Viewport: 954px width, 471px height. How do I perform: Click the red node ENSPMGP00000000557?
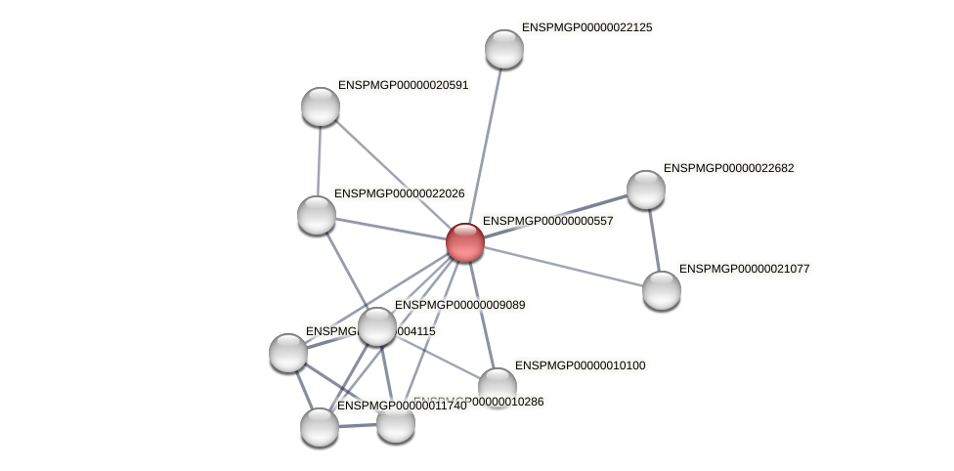(464, 242)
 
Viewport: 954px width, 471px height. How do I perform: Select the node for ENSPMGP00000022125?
(504, 49)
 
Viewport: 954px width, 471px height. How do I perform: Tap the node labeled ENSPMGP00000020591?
(320, 107)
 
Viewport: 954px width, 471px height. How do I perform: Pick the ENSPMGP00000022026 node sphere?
(316, 215)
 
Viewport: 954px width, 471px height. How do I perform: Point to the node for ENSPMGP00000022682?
(645, 190)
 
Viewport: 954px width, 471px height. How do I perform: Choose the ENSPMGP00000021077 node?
(662, 290)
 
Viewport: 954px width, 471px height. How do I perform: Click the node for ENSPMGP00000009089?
(376, 326)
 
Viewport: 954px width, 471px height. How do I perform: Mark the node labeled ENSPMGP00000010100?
(497, 386)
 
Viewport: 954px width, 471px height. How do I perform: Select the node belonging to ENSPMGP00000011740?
(319, 427)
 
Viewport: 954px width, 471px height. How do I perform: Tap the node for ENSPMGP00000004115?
(288, 353)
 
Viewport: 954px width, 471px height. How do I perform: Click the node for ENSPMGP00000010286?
(396, 423)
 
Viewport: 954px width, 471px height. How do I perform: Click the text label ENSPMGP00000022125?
(586, 27)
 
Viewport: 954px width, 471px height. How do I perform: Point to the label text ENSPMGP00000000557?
(547, 221)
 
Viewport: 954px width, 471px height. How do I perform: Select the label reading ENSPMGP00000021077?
(744, 268)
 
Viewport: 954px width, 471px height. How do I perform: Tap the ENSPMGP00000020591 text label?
(403, 85)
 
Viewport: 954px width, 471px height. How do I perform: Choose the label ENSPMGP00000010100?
(580, 365)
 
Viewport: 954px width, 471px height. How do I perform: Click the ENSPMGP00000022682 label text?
(728, 168)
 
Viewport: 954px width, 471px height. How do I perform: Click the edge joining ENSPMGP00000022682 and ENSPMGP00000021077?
(654, 240)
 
